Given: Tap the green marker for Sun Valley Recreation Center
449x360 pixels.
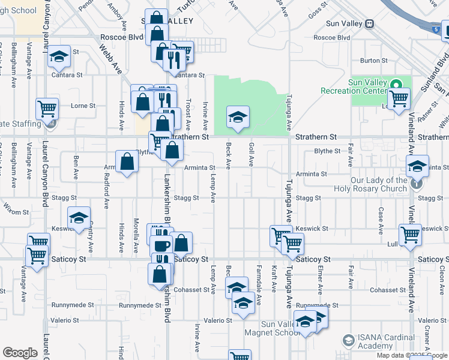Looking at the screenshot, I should (x=395, y=84).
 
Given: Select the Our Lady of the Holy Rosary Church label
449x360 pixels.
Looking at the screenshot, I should (x=379, y=184).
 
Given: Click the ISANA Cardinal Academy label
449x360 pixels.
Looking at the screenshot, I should (x=384, y=342).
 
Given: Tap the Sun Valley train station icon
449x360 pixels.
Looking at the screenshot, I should (x=370, y=24).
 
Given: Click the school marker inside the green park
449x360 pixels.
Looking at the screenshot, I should (x=238, y=117).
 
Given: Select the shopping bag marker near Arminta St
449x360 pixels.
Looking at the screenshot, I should (x=127, y=162).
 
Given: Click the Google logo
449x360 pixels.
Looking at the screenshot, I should (x=20, y=352).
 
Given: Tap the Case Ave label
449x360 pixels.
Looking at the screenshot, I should (x=381, y=221).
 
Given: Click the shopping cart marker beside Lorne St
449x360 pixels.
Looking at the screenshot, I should (x=47, y=110).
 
